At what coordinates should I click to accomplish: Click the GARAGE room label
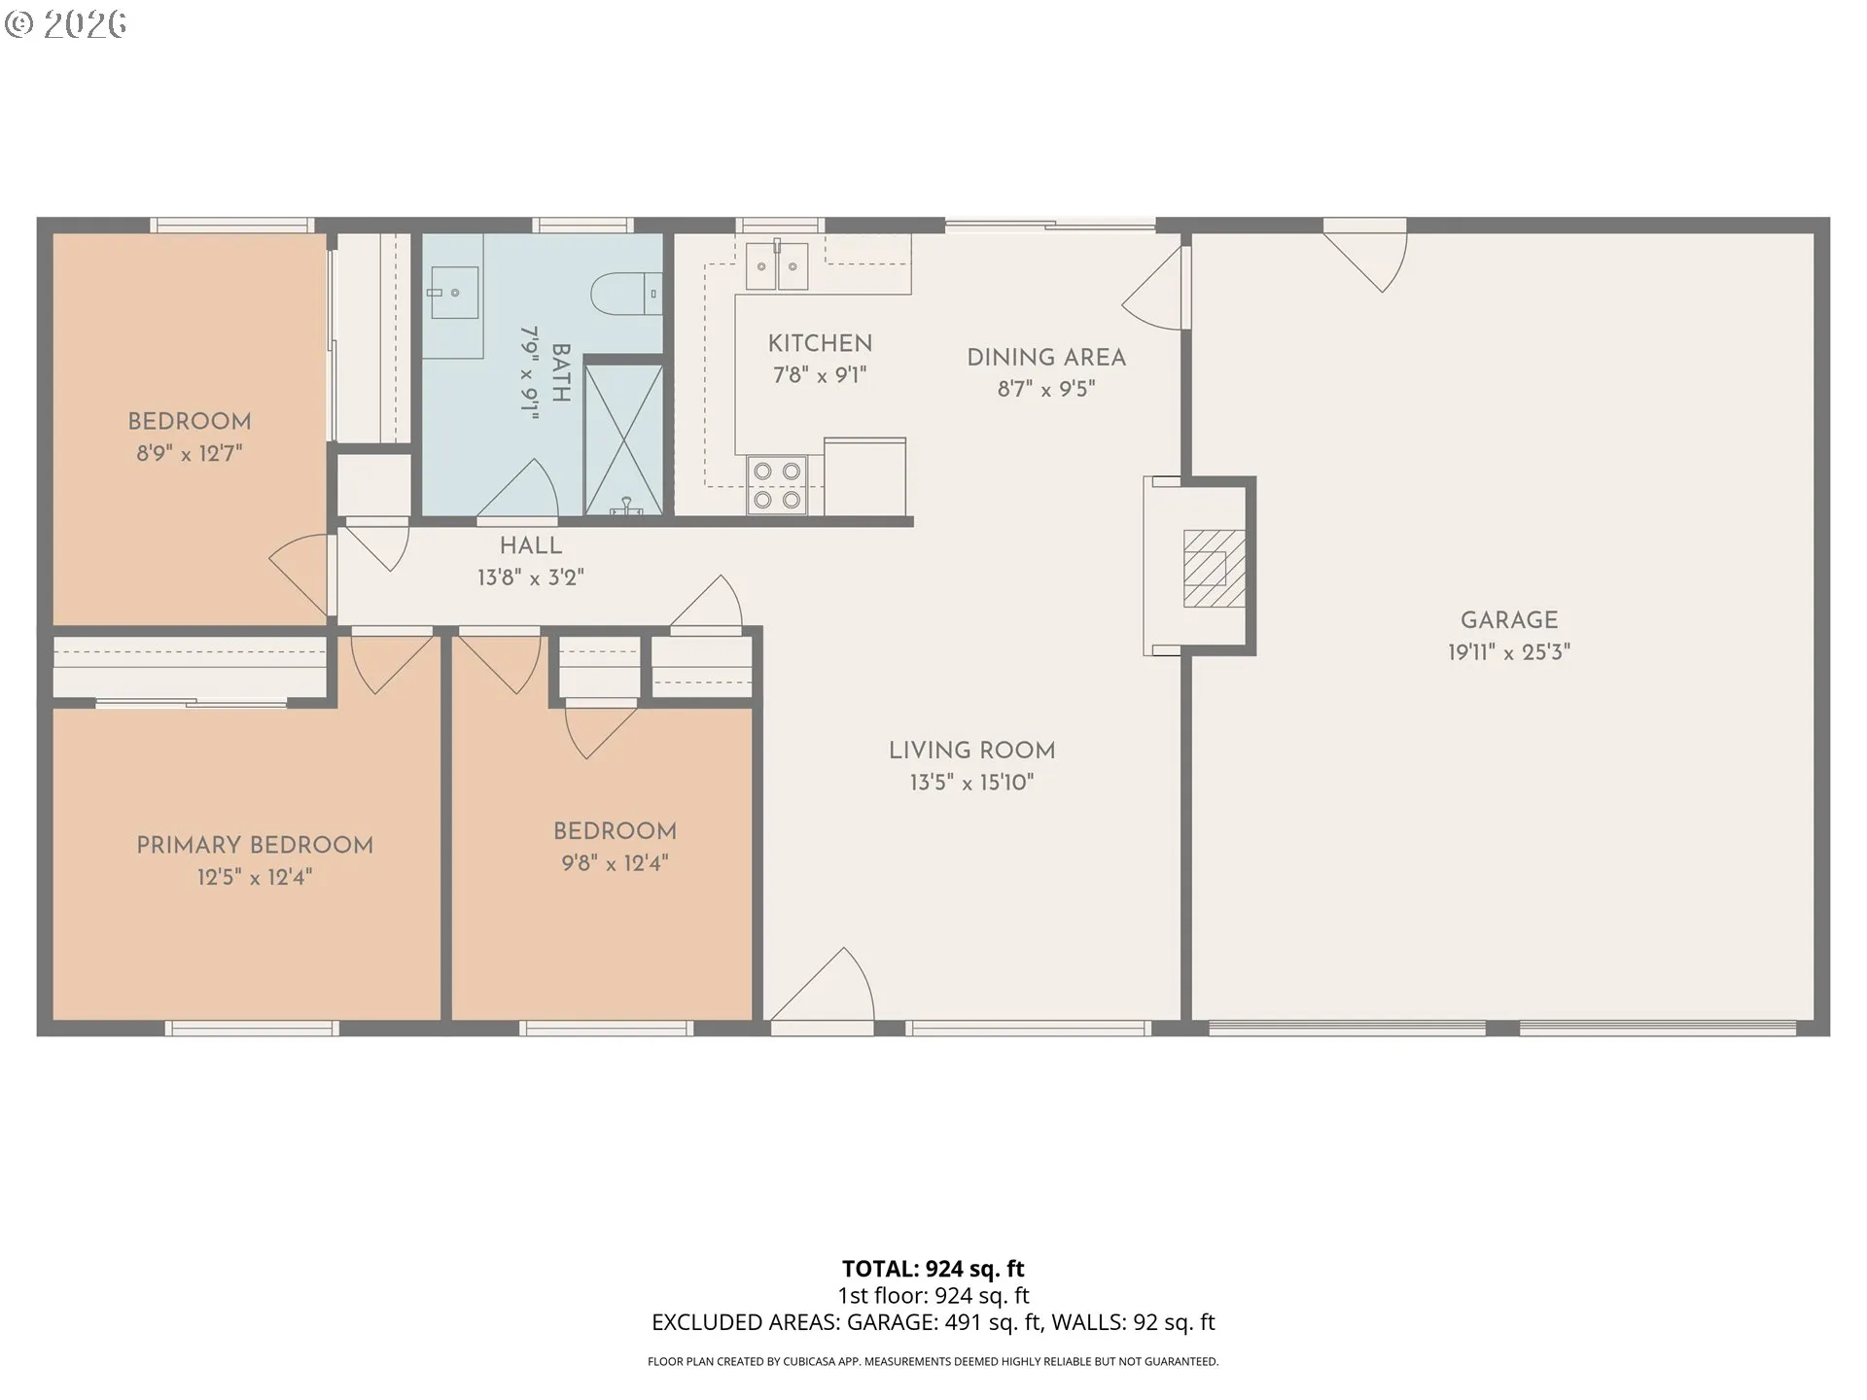pyautogui.click(x=1508, y=620)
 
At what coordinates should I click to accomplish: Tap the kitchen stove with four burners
pyautogui.click(x=777, y=485)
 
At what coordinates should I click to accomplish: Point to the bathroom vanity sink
pyautogui.click(x=452, y=293)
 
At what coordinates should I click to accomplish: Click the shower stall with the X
pyautogui.click(x=623, y=439)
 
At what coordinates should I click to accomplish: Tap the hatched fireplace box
pyautogui.click(x=1214, y=569)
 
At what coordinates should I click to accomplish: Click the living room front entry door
pyautogui.click(x=823, y=987)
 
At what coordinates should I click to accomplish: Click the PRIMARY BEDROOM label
pyautogui.click(x=255, y=845)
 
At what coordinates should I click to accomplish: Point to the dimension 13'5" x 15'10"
pyautogui.click(x=971, y=783)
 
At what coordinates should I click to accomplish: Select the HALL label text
pyautogui.click(x=531, y=546)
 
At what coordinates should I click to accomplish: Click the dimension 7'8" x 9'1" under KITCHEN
pyautogui.click(x=820, y=375)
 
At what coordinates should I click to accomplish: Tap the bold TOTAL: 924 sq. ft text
pyautogui.click(x=933, y=1269)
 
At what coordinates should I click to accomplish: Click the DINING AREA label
pyautogui.click(x=1046, y=358)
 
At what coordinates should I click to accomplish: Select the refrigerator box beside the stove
pyautogui.click(x=864, y=476)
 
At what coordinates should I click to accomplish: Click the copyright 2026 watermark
pyautogui.click(x=65, y=24)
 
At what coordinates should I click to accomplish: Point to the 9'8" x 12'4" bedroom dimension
pyautogui.click(x=615, y=863)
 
